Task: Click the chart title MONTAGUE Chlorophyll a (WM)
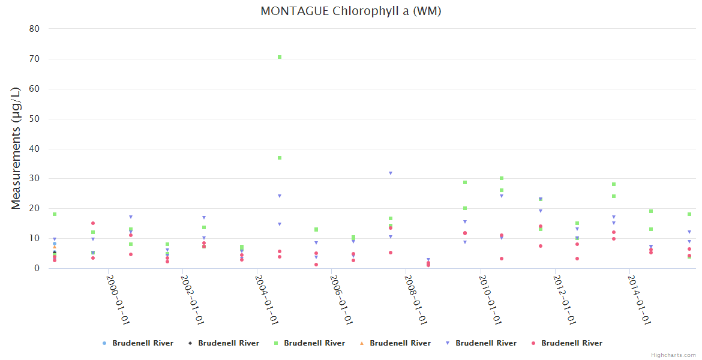tap(350, 11)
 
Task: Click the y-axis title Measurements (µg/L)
tap(16, 148)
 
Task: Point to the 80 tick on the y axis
tap(35, 29)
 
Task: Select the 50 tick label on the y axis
tap(35, 119)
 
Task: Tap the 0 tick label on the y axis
tap(37, 268)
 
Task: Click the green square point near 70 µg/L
tap(280, 57)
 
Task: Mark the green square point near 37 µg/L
tap(280, 158)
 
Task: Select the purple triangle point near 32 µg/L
tap(391, 173)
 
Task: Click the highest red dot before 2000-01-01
tap(93, 223)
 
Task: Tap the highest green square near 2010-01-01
tap(502, 178)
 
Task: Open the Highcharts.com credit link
tap(674, 355)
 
